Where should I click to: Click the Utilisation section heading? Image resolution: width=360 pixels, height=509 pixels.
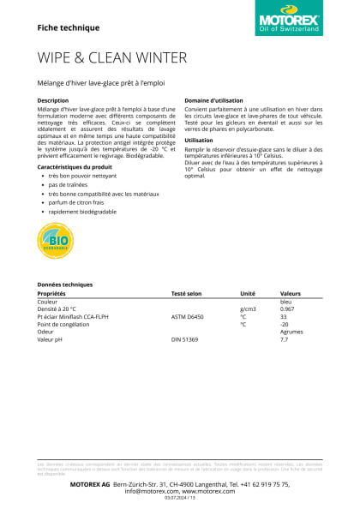point(199,140)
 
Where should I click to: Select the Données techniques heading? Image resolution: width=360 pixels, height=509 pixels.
point(64,284)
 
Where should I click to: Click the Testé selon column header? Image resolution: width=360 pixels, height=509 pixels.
point(186,293)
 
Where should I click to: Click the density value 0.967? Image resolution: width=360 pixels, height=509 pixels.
point(288,309)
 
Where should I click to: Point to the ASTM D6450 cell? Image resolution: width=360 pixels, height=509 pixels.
point(189,317)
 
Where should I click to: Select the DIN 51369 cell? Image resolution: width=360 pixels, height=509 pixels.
point(184,340)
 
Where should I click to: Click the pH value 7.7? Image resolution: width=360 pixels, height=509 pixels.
point(285,340)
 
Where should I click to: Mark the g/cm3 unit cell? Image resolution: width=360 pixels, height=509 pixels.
point(249,309)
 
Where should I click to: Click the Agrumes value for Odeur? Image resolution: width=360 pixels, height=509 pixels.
point(292,332)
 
